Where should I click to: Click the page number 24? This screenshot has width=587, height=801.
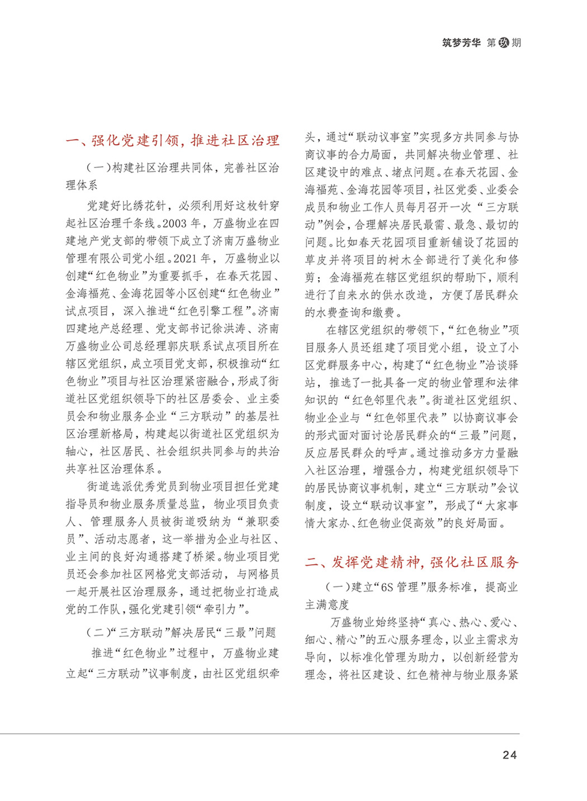tap(509, 755)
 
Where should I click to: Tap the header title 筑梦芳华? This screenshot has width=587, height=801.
tap(461, 43)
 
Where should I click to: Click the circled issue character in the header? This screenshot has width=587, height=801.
tap(504, 43)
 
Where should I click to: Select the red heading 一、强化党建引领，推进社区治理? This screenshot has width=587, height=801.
tap(172, 140)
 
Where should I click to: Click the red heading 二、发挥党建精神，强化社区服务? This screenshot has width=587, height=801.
tap(411, 562)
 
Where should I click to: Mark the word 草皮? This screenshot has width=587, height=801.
tap(316, 260)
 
